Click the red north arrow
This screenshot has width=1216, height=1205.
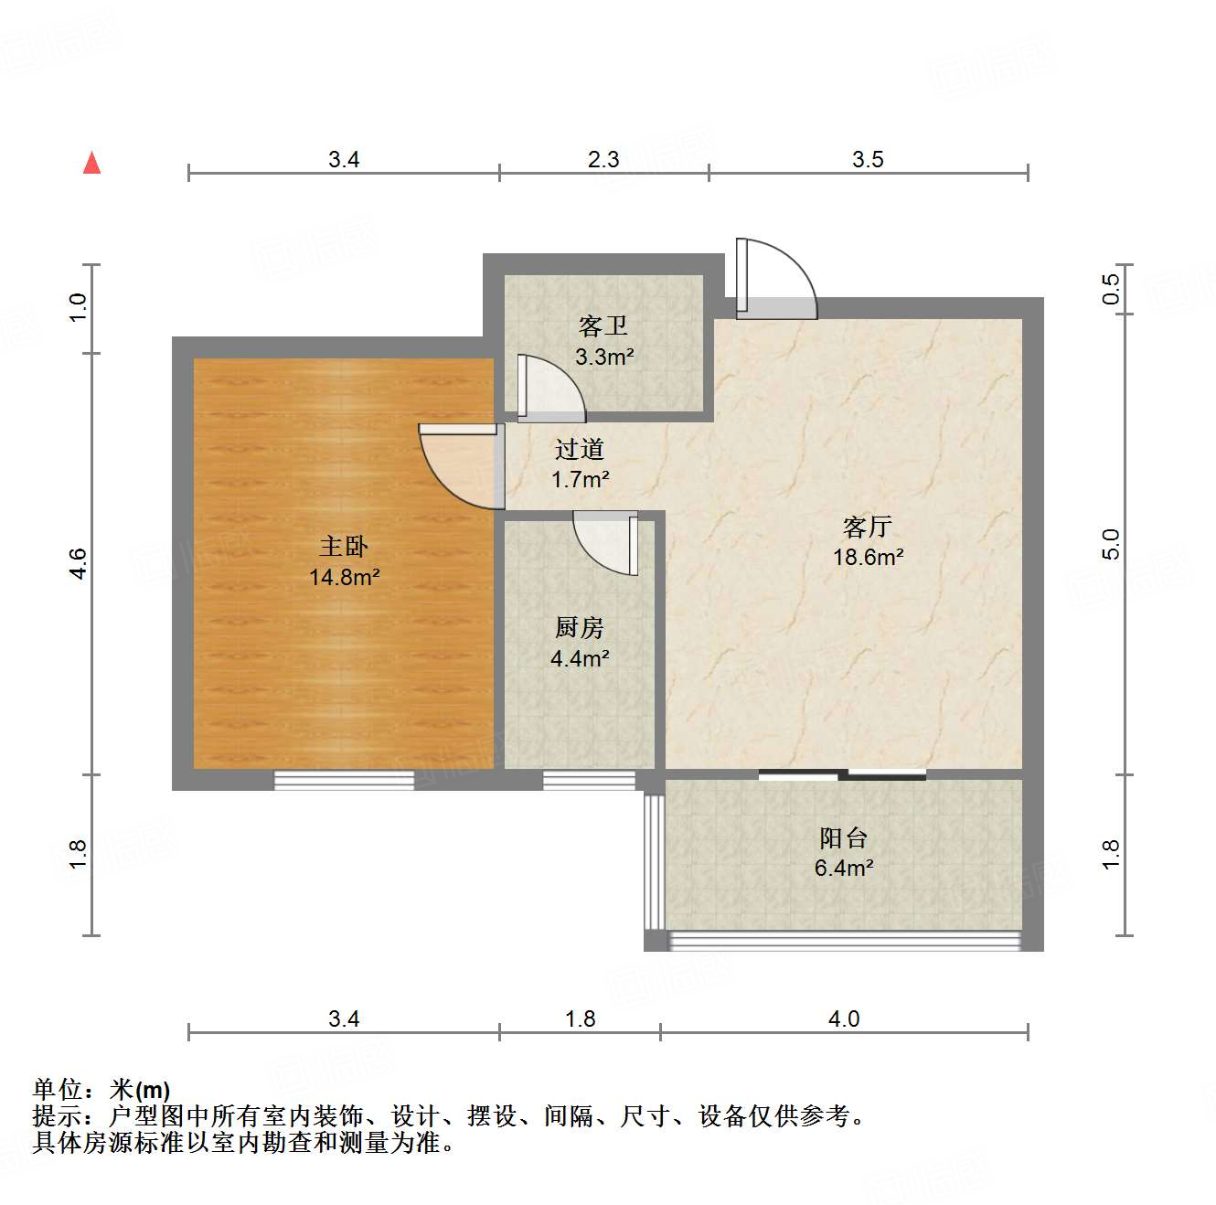(91, 163)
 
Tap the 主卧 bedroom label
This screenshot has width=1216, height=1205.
(344, 547)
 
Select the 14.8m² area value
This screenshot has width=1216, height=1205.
(344, 577)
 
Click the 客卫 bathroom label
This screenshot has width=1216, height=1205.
(603, 326)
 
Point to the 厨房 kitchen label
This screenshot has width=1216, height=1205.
(580, 628)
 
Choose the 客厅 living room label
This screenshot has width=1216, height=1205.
(867, 527)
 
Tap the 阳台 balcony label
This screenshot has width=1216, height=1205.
(843, 837)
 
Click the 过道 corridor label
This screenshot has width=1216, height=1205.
(580, 449)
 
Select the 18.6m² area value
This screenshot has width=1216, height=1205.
(868, 557)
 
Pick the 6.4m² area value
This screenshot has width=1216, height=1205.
(843, 868)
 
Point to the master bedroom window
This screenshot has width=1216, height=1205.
(344, 780)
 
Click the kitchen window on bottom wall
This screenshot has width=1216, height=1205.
(589, 780)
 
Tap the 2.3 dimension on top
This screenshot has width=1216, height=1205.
(603, 160)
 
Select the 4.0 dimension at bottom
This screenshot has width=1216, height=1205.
(844, 1018)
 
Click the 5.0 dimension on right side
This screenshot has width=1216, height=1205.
(1110, 545)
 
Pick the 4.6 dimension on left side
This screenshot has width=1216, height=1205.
(79, 563)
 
